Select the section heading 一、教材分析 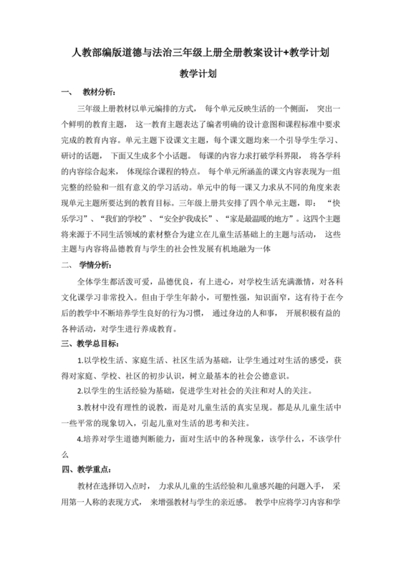83,93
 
